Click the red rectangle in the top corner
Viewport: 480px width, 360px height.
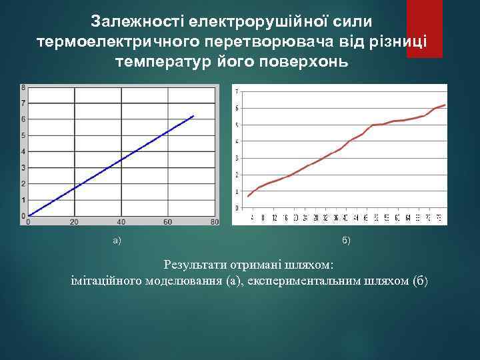(424, 28)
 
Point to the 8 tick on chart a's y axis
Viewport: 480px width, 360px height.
(23, 87)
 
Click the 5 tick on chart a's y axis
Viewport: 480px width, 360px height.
(23, 135)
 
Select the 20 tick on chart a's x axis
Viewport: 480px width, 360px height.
(74, 221)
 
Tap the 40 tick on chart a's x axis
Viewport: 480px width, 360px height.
(121, 221)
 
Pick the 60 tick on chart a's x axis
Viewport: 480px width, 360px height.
(167, 221)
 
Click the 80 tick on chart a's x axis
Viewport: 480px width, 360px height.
(213, 221)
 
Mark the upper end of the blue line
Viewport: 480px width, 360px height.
(193, 116)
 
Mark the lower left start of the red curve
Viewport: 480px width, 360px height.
(248, 196)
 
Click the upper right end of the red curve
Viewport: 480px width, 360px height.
(445, 105)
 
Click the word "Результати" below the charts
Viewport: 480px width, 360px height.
(194, 265)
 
